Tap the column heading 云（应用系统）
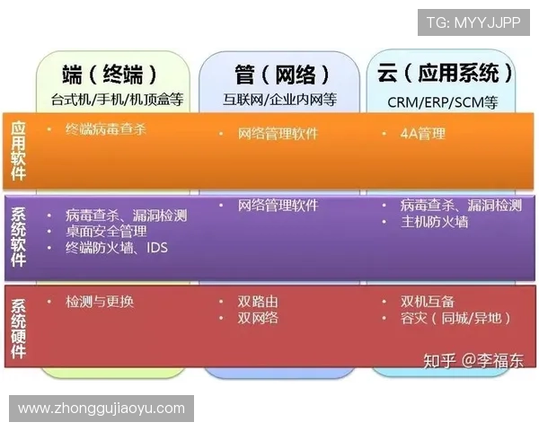click(x=446, y=73)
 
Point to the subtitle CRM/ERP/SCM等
click(x=443, y=101)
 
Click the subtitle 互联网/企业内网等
click(x=278, y=101)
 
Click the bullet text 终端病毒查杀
click(x=106, y=129)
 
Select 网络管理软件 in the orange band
click(x=278, y=134)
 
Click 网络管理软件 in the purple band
click(x=278, y=206)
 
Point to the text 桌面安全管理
click(x=106, y=231)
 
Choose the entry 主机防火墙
click(x=435, y=222)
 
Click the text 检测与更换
click(x=100, y=302)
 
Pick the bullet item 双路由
click(x=258, y=302)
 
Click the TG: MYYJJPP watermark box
click(x=473, y=22)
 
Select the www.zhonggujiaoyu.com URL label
click(x=101, y=409)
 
